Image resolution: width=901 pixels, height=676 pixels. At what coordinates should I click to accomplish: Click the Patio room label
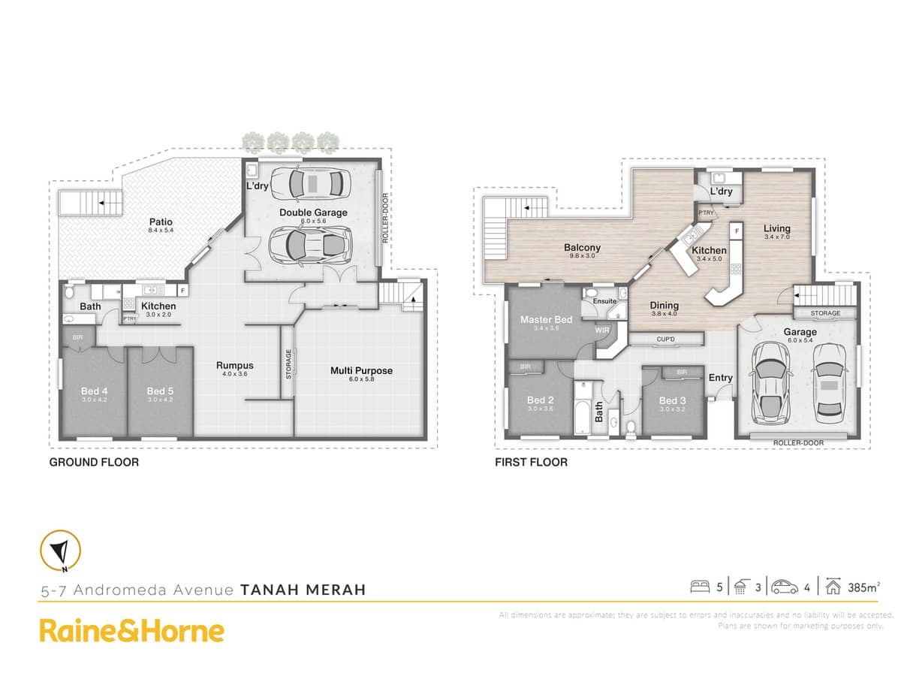tap(161, 222)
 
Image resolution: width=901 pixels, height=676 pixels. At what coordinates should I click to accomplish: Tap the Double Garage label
tap(313, 213)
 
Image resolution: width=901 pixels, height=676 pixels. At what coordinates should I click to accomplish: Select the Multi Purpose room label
tap(361, 370)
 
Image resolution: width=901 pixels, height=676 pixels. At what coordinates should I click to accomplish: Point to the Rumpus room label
tap(235, 366)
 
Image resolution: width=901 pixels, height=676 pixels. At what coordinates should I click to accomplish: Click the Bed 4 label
tap(95, 391)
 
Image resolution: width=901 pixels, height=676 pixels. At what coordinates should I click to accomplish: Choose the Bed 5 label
tap(160, 391)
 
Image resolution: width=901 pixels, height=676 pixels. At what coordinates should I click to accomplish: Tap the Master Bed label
tap(547, 320)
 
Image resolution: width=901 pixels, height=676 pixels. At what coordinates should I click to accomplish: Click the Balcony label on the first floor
tap(582, 248)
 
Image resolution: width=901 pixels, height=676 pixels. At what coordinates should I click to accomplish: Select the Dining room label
tap(664, 306)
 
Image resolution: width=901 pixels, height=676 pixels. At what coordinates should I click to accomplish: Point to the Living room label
tap(777, 228)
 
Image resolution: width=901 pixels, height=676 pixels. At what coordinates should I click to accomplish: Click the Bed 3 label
tap(673, 400)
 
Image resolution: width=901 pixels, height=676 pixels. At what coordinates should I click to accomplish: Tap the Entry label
tap(721, 378)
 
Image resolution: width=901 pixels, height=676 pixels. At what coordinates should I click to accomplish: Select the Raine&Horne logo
tap(131, 630)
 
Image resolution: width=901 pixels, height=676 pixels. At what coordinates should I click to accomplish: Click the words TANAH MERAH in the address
tap(303, 590)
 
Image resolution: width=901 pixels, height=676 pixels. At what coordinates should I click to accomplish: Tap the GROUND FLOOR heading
tap(94, 462)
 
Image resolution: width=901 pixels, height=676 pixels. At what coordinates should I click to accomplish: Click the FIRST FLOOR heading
tap(531, 462)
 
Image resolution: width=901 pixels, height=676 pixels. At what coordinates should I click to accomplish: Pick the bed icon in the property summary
tap(701, 587)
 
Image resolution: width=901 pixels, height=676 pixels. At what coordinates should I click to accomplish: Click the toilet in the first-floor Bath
tap(632, 427)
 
